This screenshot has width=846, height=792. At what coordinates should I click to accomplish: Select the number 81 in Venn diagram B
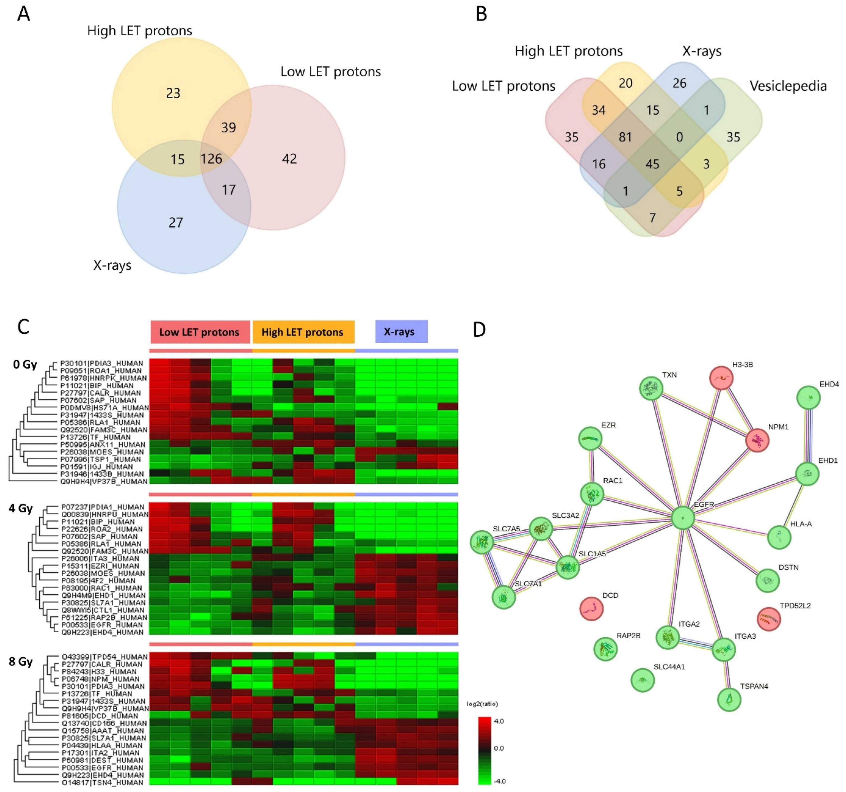click(625, 137)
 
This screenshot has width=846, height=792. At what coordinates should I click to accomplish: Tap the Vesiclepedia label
click(788, 86)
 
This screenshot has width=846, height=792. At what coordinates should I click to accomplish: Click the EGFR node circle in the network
click(683, 518)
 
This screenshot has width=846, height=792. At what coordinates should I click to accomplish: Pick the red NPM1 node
click(757, 440)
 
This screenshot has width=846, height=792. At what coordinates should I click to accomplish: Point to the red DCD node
click(592, 609)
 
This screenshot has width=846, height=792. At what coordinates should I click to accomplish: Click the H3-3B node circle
click(721, 377)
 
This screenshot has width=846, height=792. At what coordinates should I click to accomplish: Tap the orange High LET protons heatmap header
click(303, 332)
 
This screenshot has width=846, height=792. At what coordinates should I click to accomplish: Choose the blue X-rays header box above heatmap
click(401, 331)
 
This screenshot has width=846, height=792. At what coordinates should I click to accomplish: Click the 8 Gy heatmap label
click(20, 662)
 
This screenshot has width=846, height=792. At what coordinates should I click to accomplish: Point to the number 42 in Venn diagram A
click(289, 159)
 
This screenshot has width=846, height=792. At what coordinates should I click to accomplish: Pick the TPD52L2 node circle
click(769, 619)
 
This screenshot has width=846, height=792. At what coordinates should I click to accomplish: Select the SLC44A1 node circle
click(643, 680)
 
